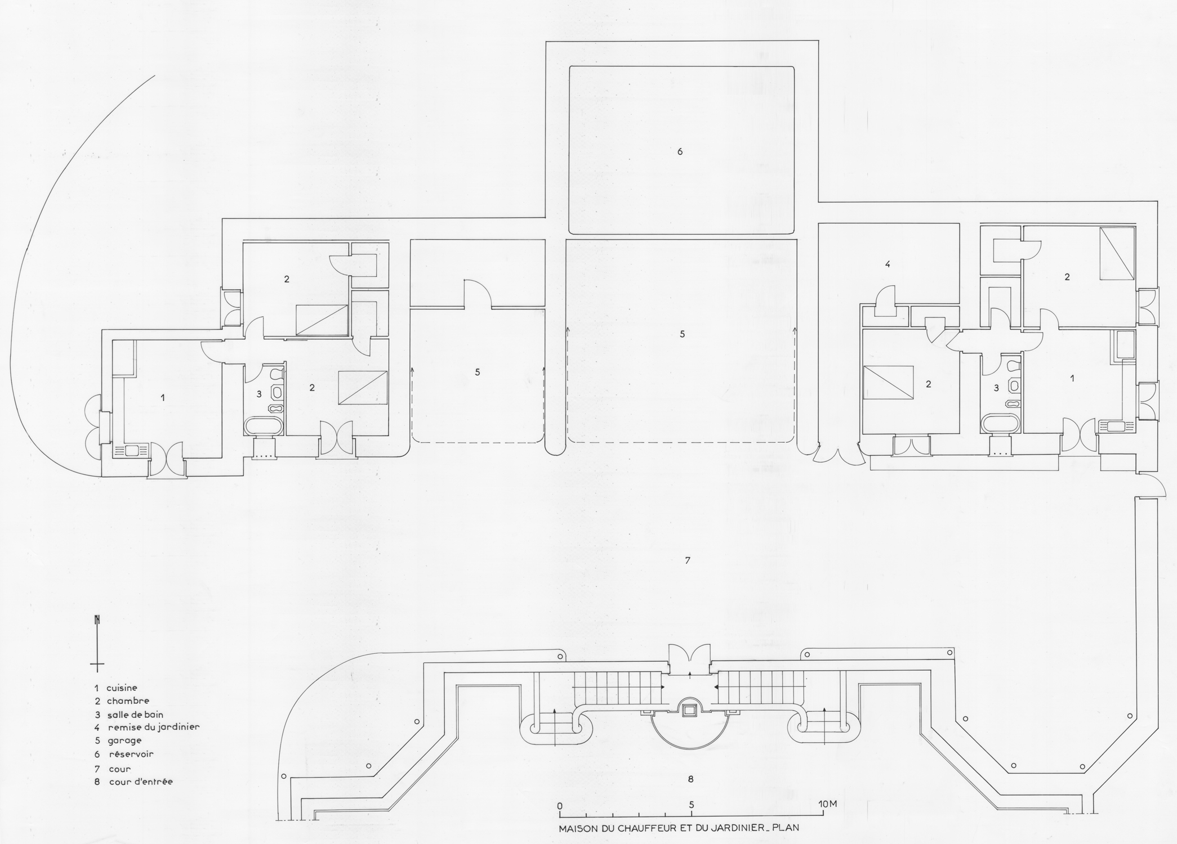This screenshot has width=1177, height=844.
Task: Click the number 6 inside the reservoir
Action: point(680,151)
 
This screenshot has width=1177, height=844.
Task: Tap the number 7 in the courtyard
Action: point(688,560)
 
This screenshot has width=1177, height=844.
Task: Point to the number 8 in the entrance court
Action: point(690,779)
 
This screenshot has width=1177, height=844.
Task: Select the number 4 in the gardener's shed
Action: point(888,264)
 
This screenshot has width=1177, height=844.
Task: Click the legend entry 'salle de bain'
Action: point(135,715)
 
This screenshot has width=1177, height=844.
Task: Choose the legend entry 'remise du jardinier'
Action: point(154,727)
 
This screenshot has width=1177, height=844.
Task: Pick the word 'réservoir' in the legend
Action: point(131,754)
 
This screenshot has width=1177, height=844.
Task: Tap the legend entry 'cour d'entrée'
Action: point(141,782)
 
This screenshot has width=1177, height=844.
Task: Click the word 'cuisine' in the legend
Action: point(122,688)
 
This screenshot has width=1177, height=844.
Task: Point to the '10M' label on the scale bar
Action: point(827,804)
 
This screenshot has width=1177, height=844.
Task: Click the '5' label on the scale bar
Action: point(691,805)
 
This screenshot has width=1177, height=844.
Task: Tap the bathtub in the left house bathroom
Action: point(264,426)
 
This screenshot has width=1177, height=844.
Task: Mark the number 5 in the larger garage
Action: point(682,334)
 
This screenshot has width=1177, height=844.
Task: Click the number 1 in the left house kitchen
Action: point(163,397)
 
